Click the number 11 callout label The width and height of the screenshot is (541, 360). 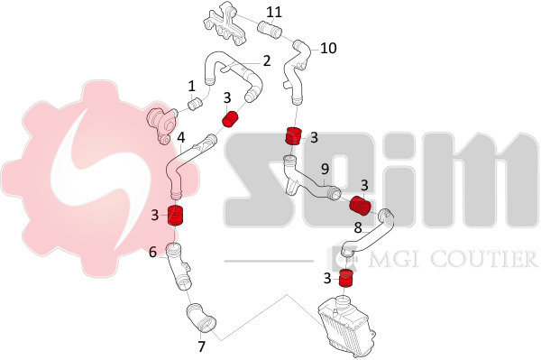pos(274,12)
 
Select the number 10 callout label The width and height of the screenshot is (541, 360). pos(328,48)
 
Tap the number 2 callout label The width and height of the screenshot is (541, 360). pos(267,60)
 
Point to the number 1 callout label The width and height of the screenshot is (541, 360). pos(191,87)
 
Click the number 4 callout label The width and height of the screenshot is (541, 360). pos(181,138)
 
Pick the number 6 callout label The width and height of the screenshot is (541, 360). pos(153,253)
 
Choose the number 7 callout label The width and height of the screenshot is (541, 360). pos(201,346)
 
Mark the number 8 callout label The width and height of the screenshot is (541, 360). pos(358,227)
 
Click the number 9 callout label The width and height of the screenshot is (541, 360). pos(325,169)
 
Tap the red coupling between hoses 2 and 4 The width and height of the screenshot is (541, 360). pos(230,119)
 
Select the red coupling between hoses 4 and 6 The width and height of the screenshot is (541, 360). pos(176,215)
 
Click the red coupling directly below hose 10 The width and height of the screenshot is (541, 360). pos(293,135)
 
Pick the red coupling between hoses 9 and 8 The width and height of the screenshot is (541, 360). pos(360,205)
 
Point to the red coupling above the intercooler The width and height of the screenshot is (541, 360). pos(345,278)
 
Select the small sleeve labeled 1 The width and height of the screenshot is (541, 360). pos(196,103)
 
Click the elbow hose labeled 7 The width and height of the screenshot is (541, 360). pos(201,318)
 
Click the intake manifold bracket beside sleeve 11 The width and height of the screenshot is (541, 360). pos(226,23)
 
